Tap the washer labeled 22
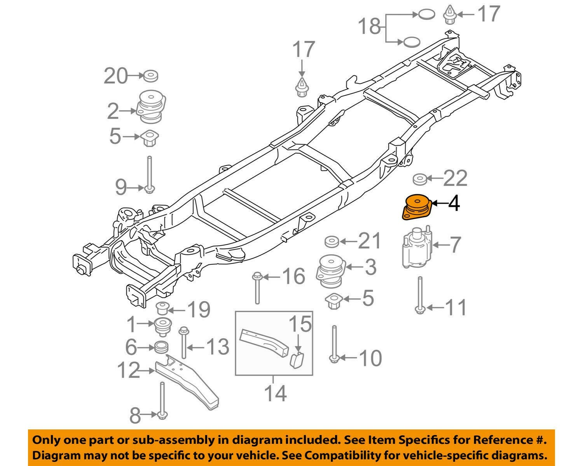tap(419, 179)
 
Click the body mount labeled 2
tap(152, 106)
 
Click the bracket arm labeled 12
tap(187, 382)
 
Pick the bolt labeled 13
tap(183, 343)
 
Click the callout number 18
tap(368, 27)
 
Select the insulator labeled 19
tap(161, 308)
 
